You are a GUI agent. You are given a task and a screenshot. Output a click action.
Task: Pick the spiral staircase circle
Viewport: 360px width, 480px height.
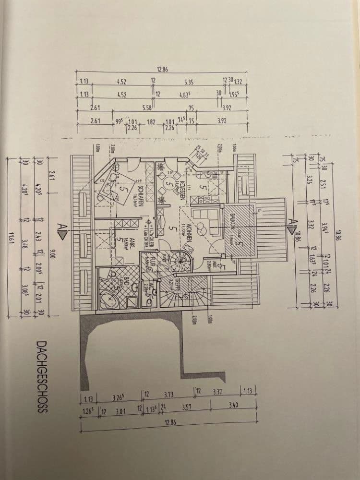(183, 262)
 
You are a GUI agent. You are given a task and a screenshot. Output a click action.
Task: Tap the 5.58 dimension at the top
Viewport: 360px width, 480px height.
(147, 108)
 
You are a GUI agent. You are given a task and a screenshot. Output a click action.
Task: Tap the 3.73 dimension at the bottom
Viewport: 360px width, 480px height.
(168, 395)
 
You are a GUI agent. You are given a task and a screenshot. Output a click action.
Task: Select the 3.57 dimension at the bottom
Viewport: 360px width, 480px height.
(186, 408)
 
